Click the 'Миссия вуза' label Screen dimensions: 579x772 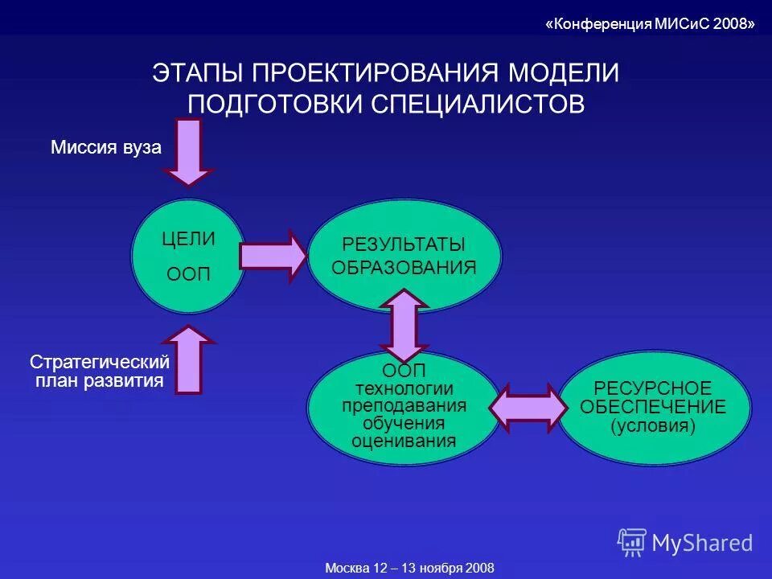click(x=106, y=148)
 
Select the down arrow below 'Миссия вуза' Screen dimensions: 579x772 click(x=188, y=151)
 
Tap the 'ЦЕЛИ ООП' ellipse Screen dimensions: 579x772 click(x=188, y=256)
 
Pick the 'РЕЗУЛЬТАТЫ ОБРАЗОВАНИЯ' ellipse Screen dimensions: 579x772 click(x=404, y=256)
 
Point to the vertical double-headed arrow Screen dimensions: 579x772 click(x=404, y=325)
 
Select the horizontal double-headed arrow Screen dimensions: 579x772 click(x=528, y=409)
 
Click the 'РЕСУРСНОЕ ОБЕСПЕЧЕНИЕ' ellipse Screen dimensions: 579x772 click(x=653, y=408)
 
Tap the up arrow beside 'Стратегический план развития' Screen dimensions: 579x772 click(x=188, y=359)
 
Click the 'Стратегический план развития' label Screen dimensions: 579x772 click(x=100, y=372)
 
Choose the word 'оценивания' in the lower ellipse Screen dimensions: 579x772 click(x=404, y=441)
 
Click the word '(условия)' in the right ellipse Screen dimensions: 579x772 click(x=653, y=425)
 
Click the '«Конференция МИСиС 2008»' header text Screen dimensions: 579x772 click(x=650, y=23)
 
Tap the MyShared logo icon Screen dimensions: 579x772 click(x=631, y=542)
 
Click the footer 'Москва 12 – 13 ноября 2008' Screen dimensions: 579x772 click(x=409, y=568)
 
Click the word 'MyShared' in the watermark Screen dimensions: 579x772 click(x=702, y=543)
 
